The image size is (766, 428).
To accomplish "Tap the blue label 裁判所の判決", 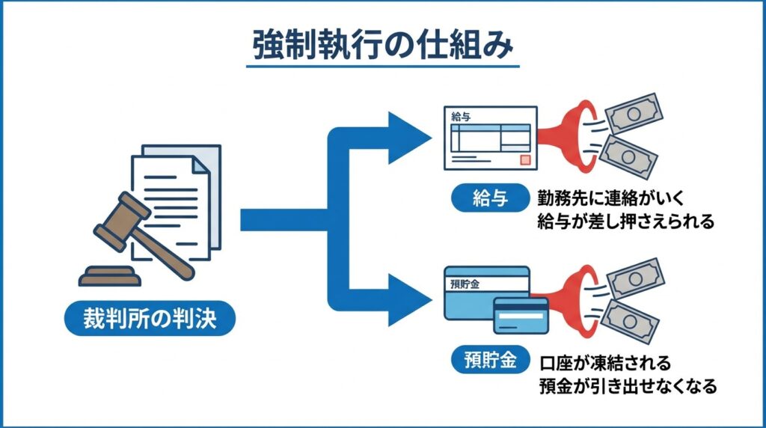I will [149, 319].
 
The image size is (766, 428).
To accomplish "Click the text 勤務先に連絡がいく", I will [607, 198].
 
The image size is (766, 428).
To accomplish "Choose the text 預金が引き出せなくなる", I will [627, 386].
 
